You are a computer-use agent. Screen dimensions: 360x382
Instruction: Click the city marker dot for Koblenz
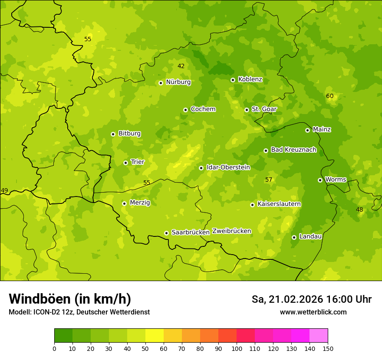(233, 80)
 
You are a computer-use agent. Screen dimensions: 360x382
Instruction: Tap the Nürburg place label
(178, 82)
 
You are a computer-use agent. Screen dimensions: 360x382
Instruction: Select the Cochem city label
(203, 109)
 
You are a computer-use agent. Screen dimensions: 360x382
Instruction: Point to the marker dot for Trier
(125, 163)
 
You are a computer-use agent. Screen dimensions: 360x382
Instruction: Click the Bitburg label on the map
(129, 133)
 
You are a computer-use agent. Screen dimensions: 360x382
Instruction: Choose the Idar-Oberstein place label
(228, 167)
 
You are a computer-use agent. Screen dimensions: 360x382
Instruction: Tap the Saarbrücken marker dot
(166, 233)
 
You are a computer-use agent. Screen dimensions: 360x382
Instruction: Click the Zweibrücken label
(231, 231)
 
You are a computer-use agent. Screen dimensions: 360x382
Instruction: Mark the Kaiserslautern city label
(279, 204)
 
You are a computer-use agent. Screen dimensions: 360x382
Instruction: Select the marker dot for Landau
(294, 237)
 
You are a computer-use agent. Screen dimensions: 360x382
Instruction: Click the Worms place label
(335, 179)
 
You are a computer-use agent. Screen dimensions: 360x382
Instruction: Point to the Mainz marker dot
(307, 130)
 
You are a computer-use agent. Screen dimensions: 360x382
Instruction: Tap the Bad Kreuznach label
(293, 150)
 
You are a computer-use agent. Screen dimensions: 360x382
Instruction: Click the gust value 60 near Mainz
(329, 96)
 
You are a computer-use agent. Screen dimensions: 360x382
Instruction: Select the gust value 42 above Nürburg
(181, 66)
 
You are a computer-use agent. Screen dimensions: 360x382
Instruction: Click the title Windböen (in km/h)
(69, 299)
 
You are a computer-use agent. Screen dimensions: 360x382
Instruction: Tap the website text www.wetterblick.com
(313, 312)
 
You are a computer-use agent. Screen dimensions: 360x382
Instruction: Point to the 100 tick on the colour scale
(237, 348)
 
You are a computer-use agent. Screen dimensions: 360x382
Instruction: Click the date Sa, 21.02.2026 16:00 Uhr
(311, 299)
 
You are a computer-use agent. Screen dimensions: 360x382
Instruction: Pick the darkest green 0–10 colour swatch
(63, 336)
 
